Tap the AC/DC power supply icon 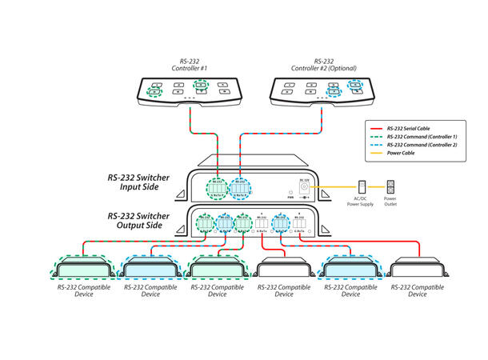[x=362, y=186]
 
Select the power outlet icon [x=390, y=186]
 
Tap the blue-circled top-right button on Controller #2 [x=355, y=84]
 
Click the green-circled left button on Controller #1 [x=153, y=92]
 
